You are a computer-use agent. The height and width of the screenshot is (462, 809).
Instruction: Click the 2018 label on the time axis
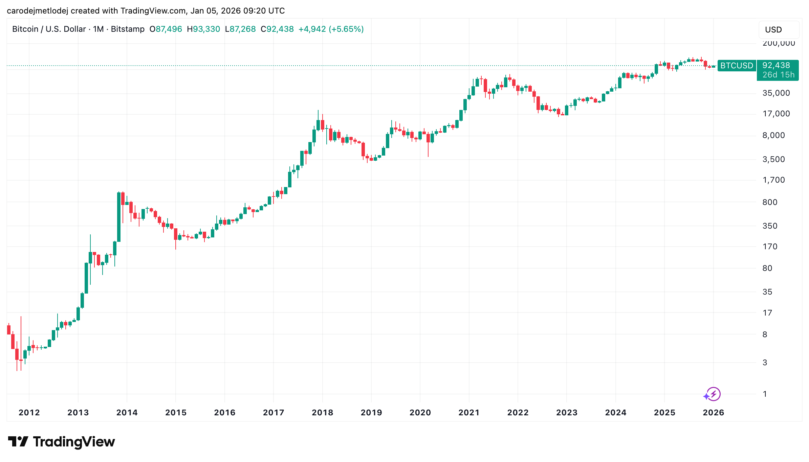click(322, 412)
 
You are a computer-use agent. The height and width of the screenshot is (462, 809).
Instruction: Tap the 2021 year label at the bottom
click(469, 412)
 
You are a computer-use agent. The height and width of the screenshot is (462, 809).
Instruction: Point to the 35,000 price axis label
click(776, 93)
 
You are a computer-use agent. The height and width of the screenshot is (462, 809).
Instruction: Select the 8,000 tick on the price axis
click(773, 135)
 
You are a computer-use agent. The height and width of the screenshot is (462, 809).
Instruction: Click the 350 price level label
click(770, 226)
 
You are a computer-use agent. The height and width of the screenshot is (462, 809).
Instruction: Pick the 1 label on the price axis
click(765, 394)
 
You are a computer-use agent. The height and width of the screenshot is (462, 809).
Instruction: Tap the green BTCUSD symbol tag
click(736, 66)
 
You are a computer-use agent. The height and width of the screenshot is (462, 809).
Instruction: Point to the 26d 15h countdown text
click(778, 75)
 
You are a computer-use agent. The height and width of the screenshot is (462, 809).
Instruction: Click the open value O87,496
click(166, 29)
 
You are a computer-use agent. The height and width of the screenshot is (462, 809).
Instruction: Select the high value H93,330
click(203, 29)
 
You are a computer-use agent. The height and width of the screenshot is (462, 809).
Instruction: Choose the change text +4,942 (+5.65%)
click(331, 29)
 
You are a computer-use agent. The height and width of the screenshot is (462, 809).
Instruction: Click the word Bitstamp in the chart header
click(128, 29)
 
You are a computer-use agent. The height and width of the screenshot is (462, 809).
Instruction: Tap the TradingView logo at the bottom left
click(62, 442)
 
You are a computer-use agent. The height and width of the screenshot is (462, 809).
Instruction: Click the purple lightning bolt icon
click(714, 394)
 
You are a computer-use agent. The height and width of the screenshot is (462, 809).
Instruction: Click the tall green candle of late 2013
click(119, 216)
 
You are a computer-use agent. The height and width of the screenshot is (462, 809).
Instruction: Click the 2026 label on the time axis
click(713, 412)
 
